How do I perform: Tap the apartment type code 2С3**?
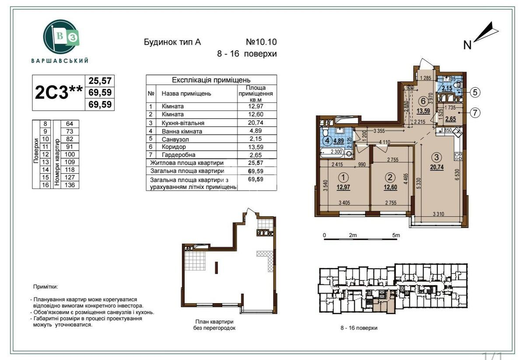59,92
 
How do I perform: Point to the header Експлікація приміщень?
211,80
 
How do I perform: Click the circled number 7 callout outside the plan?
476,112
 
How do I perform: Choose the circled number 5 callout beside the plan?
476,92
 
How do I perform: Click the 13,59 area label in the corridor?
422,111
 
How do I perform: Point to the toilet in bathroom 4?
325,133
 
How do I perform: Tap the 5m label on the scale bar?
396,236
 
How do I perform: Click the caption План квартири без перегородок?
214,325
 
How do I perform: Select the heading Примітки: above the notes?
45,287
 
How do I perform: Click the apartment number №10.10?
261,42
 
